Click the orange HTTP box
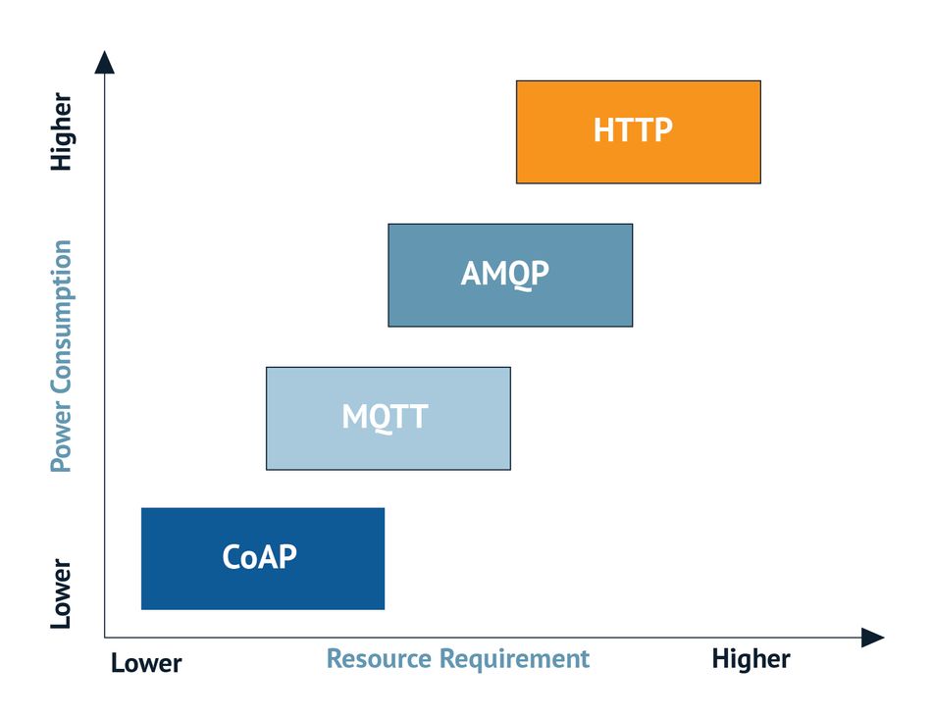click(x=639, y=131)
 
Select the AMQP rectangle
click(x=510, y=275)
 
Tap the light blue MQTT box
click(x=388, y=418)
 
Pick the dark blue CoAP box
click(x=263, y=558)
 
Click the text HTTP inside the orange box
click(x=633, y=130)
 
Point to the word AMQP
click(x=505, y=274)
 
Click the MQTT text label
click(x=386, y=417)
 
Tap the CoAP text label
click(x=260, y=557)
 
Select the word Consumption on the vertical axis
click(x=61, y=317)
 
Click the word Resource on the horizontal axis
click(x=380, y=659)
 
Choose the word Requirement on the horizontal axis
click(x=515, y=659)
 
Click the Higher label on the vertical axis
click(x=61, y=131)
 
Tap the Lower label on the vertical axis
click(x=61, y=593)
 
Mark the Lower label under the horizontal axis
click(x=146, y=663)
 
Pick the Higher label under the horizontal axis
click(x=751, y=659)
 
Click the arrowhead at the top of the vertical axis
click(x=105, y=62)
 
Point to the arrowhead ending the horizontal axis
click(x=873, y=638)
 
